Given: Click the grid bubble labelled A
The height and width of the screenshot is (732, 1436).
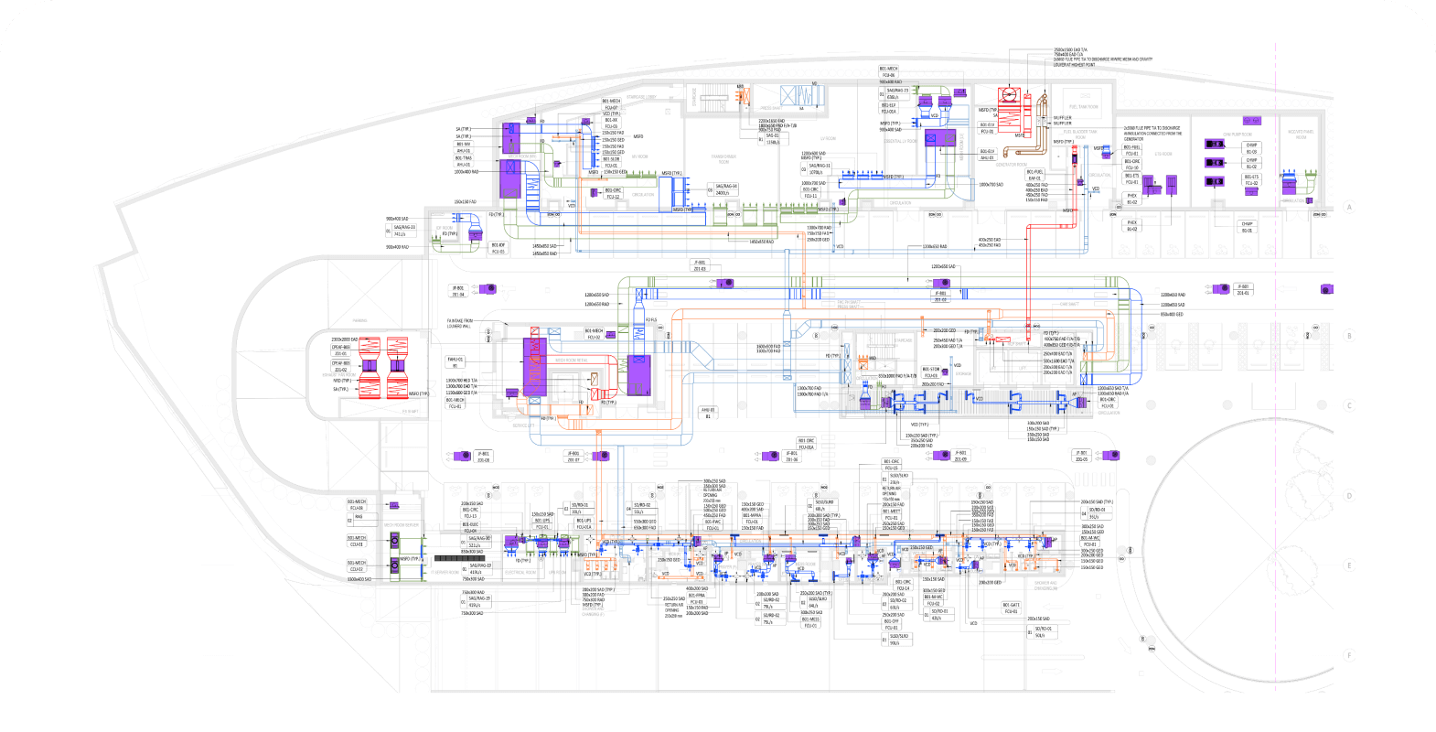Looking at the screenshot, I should point(1348,208).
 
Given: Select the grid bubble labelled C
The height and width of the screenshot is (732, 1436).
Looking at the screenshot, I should point(1348,405).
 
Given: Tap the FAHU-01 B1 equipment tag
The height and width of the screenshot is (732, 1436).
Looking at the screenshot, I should point(455,362).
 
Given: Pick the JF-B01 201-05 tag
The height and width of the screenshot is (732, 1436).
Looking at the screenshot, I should point(1082,456).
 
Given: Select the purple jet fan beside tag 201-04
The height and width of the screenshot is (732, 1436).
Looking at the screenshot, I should point(488,289).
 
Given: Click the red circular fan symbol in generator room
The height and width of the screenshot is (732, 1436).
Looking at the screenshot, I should point(1010,94).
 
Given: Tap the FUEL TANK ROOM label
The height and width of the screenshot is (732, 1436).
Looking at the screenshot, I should point(1085,107).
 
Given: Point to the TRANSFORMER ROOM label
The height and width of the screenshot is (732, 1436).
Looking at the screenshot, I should point(723,158).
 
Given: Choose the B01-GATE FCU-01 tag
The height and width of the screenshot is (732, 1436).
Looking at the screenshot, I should point(1011,608).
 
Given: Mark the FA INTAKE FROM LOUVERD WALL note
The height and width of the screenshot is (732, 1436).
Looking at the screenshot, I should point(460,323).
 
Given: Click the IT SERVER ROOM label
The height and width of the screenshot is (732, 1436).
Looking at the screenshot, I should point(402,525).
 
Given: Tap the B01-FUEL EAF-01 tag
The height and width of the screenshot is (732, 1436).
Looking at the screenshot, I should point(1034,175).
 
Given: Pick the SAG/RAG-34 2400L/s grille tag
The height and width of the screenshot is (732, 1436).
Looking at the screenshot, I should point(726,189).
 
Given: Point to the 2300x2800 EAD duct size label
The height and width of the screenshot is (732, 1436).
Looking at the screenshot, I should point(345,339).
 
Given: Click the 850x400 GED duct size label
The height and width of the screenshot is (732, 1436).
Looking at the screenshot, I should point(1172,314).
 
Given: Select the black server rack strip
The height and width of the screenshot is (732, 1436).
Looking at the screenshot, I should point(459,557).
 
